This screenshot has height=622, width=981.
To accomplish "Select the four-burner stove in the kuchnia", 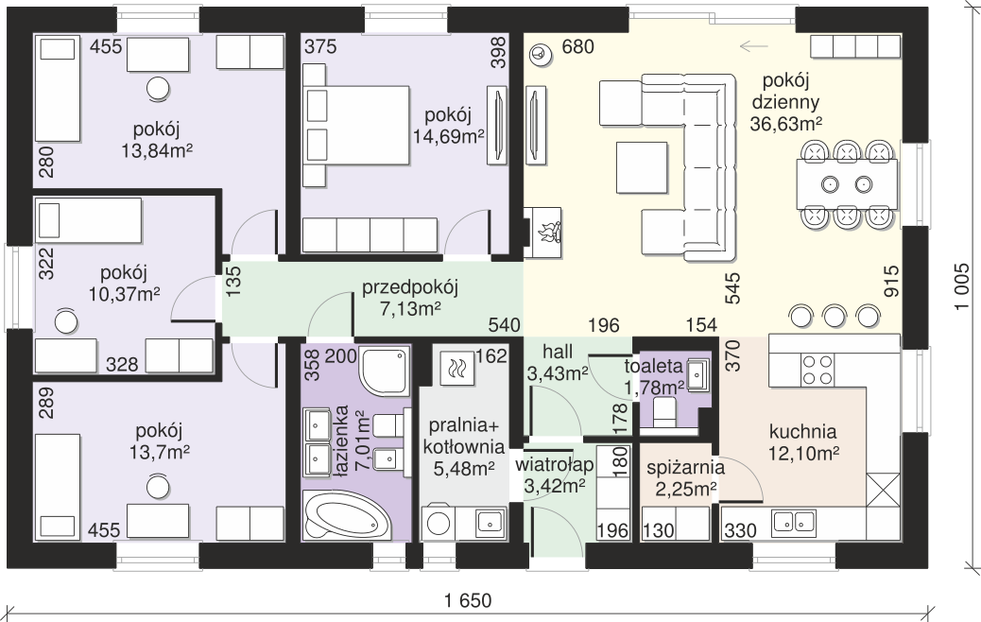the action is point(818,370).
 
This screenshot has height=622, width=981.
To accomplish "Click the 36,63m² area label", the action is point(785,124).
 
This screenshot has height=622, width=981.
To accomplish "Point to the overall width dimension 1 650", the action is point(468,600).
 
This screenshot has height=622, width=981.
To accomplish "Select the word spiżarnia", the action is point(686,467).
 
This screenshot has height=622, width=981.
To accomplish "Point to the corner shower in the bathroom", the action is point(384,371).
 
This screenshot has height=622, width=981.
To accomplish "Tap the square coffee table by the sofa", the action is point(642,167).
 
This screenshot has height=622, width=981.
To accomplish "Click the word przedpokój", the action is point(410,287).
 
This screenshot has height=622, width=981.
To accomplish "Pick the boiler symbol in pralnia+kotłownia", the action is point(457,369).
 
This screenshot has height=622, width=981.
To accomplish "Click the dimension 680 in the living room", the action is point(577,46).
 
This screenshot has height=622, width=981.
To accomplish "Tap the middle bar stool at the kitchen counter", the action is point(835,316).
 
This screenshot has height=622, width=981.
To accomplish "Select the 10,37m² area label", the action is point(125,294).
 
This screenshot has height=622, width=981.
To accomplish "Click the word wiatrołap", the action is point(555,466).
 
